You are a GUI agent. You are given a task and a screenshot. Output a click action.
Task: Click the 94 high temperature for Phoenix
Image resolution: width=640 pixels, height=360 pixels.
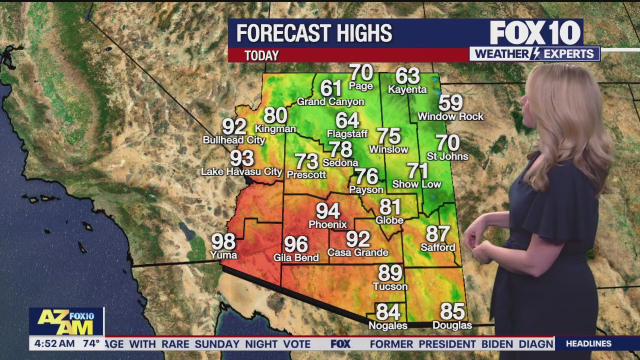[327, 211]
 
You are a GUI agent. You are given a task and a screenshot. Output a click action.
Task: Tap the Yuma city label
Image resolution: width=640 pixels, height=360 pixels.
[223, 255]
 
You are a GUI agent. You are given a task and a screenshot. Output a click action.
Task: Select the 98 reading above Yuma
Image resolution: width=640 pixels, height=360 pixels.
[223, 242]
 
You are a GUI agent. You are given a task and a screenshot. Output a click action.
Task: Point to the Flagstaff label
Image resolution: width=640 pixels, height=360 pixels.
[347, 133]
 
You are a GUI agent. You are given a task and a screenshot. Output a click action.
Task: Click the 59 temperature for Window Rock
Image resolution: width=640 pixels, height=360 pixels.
[450, 103]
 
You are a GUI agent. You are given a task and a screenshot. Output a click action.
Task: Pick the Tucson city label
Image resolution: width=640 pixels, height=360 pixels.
[390, 286]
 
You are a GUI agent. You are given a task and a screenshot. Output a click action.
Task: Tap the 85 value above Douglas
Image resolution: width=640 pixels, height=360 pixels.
[452, 311]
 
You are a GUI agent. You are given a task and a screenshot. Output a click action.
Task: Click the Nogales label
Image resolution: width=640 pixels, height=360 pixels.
[387, 325]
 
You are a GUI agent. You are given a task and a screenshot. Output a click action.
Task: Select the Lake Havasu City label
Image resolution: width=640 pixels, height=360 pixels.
[241, 171]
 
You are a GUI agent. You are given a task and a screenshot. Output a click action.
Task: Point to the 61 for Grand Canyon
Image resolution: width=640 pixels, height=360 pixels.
[330, 88]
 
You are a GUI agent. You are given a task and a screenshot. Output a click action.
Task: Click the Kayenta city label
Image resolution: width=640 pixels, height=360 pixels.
[407, 89]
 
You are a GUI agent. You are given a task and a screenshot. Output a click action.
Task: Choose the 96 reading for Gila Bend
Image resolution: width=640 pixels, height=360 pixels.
[296, 244]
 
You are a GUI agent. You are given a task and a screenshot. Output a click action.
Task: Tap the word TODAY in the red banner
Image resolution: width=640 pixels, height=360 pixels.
[261, 55]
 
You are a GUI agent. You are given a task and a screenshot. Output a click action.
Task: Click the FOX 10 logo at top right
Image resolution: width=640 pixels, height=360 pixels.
[535, 33]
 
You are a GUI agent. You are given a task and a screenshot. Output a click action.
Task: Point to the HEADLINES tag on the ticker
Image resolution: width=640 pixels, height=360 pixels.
[588, 343]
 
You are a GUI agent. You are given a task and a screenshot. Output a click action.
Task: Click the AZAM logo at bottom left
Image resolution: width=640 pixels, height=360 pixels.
[66, 321]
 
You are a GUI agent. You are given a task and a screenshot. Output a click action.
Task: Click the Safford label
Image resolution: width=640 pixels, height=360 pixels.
[437, 247]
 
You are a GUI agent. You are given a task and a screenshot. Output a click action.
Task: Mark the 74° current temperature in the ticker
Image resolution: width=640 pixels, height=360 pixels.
[91, 343]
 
